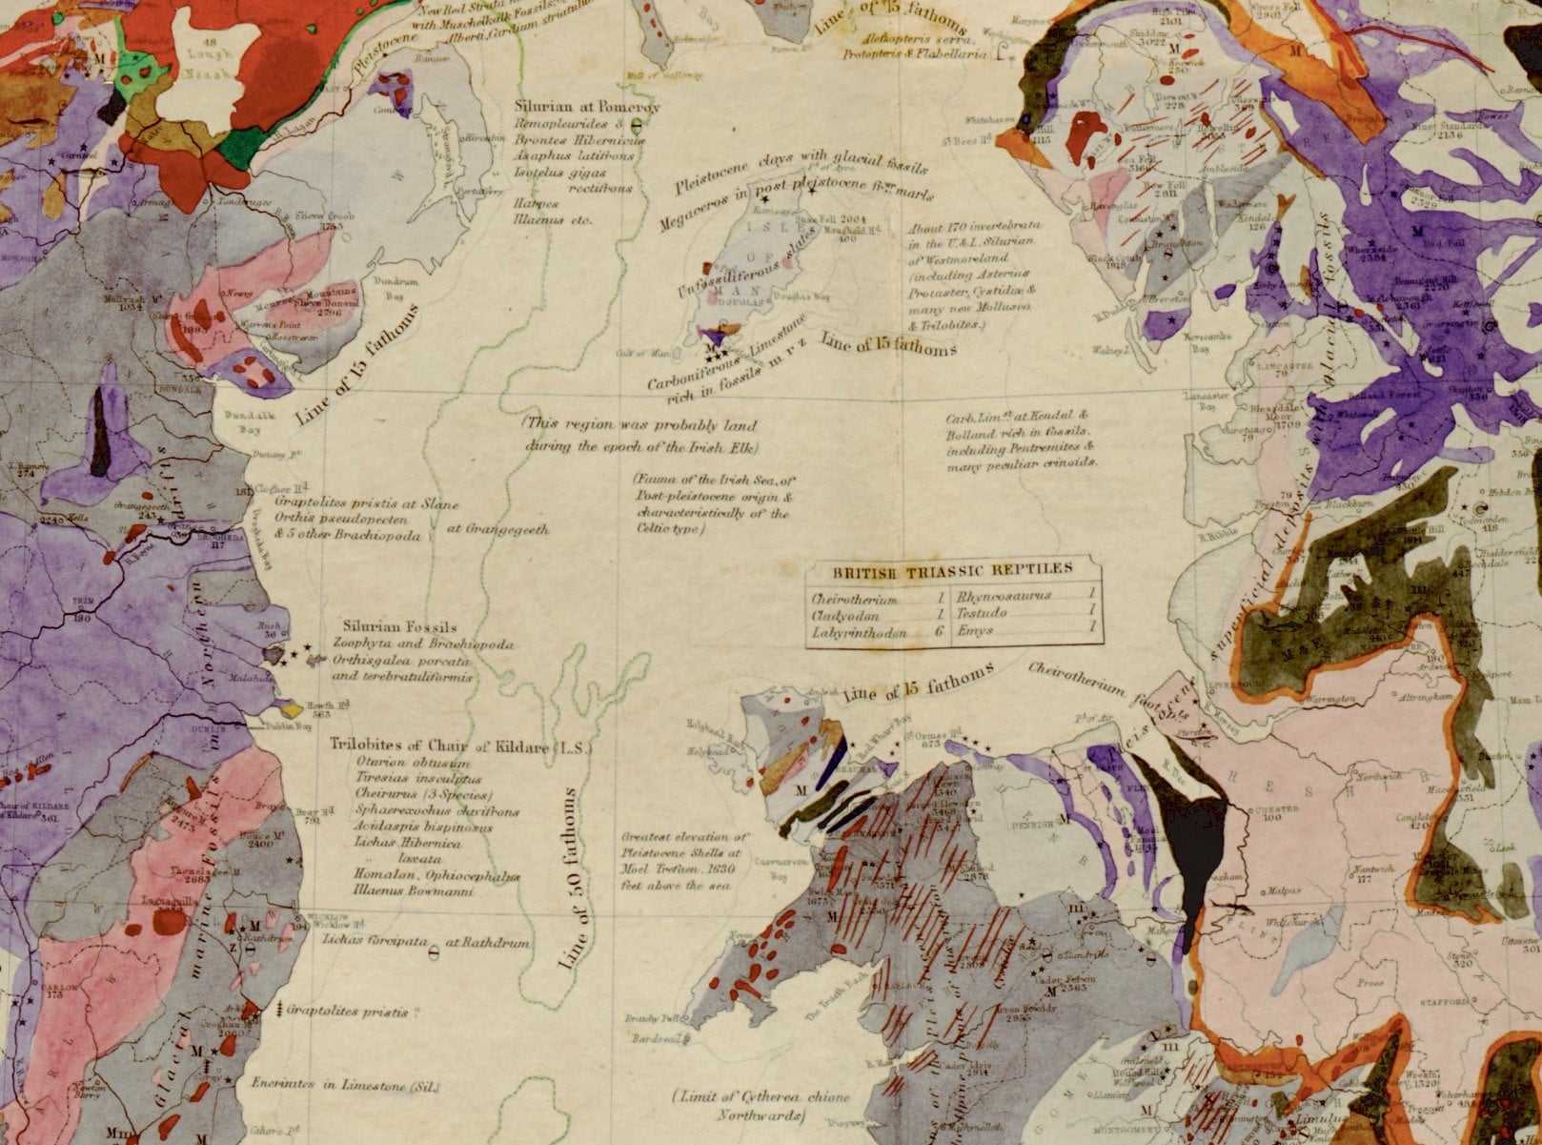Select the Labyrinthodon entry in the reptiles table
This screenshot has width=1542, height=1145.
point(855,631)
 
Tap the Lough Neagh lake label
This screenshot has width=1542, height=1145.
point(209,67)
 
